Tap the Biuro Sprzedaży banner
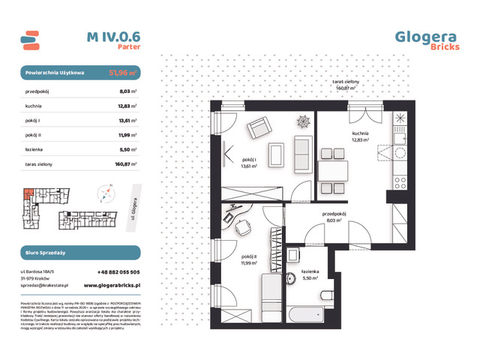79,253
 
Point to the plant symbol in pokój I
303,121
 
